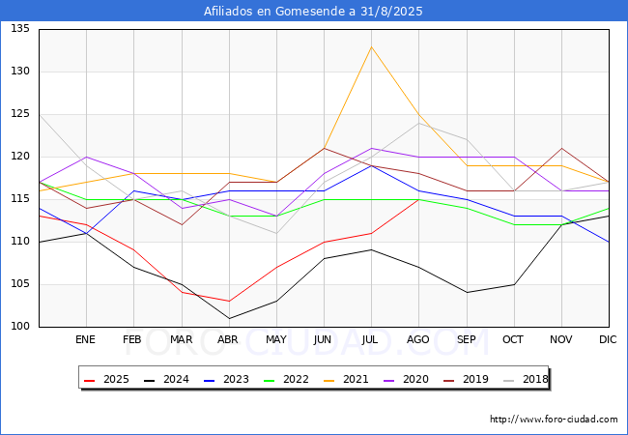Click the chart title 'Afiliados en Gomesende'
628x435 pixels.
coord(313,12)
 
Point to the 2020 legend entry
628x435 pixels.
coord(407,379)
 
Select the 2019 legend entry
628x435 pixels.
coord(466,379)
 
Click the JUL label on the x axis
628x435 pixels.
coord(371,339)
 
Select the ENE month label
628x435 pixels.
coord(86,339)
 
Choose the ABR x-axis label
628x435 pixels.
coord(228,339)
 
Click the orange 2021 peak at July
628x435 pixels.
coord(371,46)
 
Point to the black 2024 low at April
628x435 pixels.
coord(229,318)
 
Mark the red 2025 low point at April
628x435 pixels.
coord(229,302)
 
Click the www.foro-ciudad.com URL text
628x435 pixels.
coord(554,420)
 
